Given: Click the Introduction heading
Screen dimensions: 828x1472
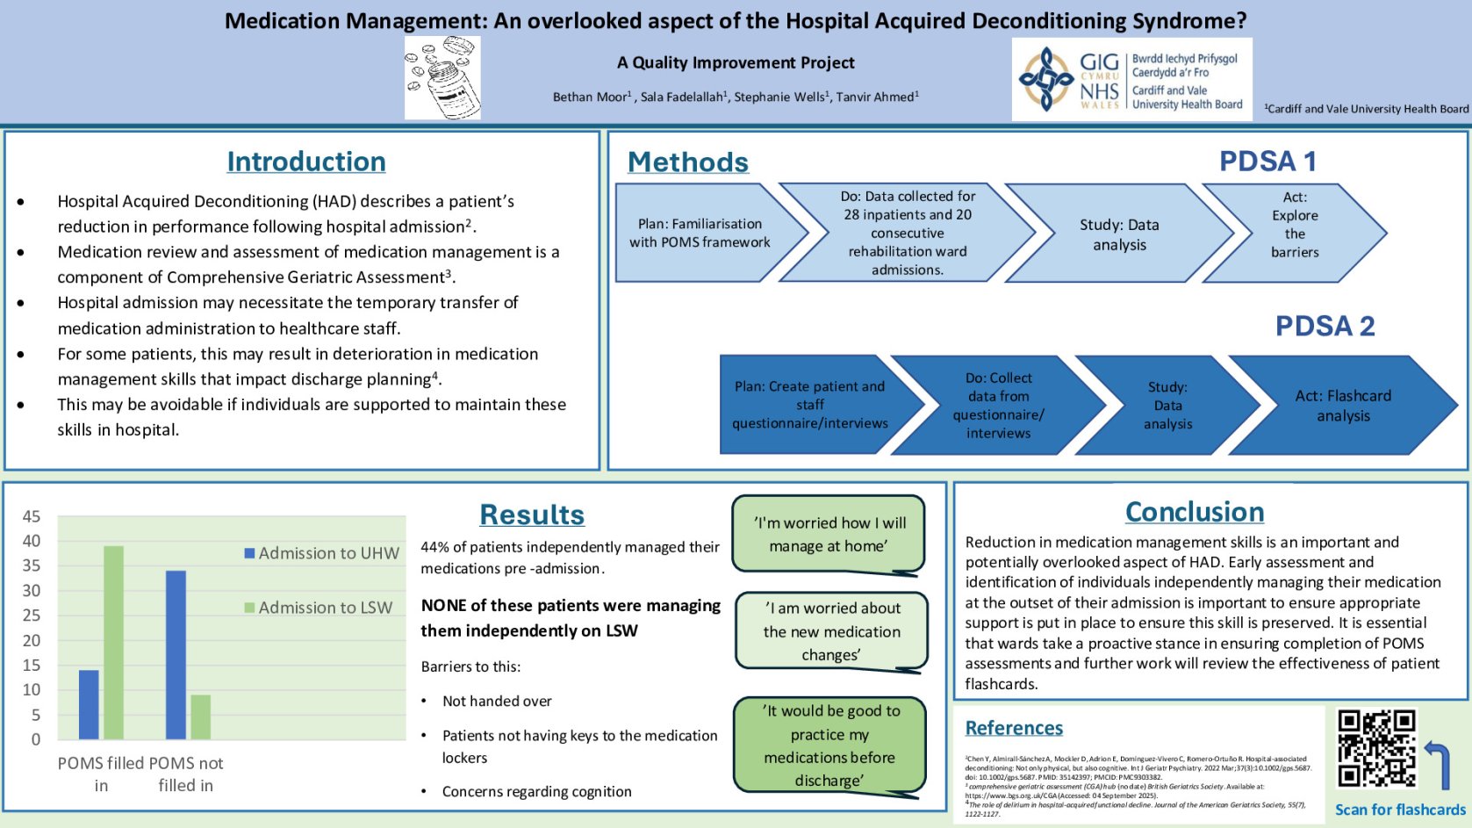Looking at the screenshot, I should click(305, 162).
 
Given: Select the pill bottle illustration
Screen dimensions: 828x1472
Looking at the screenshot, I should click(442, 78).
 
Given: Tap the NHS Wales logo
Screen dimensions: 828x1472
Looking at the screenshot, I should click(1131, 80).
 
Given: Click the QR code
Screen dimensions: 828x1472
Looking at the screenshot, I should click(1375, 748).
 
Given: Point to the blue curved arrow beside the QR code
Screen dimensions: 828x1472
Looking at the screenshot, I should click(1438, 764).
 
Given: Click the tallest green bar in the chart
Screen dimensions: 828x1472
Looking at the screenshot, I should click(114, 642).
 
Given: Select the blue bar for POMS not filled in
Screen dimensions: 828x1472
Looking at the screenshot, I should click(176, 654).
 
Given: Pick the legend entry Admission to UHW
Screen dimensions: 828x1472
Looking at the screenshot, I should click(321, 553).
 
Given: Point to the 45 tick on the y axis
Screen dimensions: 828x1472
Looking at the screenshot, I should click(32, 516).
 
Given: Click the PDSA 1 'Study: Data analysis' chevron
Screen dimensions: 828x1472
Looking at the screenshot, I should click(1118, 234).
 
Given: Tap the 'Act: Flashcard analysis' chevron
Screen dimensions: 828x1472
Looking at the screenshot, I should click(1343, 405).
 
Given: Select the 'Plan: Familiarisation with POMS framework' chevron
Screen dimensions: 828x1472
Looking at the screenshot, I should click(700, 233).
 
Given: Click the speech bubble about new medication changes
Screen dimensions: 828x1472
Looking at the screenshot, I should click(830, 631).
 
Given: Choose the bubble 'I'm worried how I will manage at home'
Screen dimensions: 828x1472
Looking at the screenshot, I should click(828, 534).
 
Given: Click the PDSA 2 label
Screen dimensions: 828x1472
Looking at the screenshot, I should click(1324, 326).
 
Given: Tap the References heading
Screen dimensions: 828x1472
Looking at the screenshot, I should click(1014, 728).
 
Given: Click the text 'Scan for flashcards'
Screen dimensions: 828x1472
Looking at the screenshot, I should click(1400, 810).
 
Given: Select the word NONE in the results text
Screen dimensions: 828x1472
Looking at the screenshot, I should click(444, 605).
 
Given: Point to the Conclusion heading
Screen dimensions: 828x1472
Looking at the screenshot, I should click(1194, 512).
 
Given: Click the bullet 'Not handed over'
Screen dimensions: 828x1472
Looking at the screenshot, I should click(497, 701).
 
